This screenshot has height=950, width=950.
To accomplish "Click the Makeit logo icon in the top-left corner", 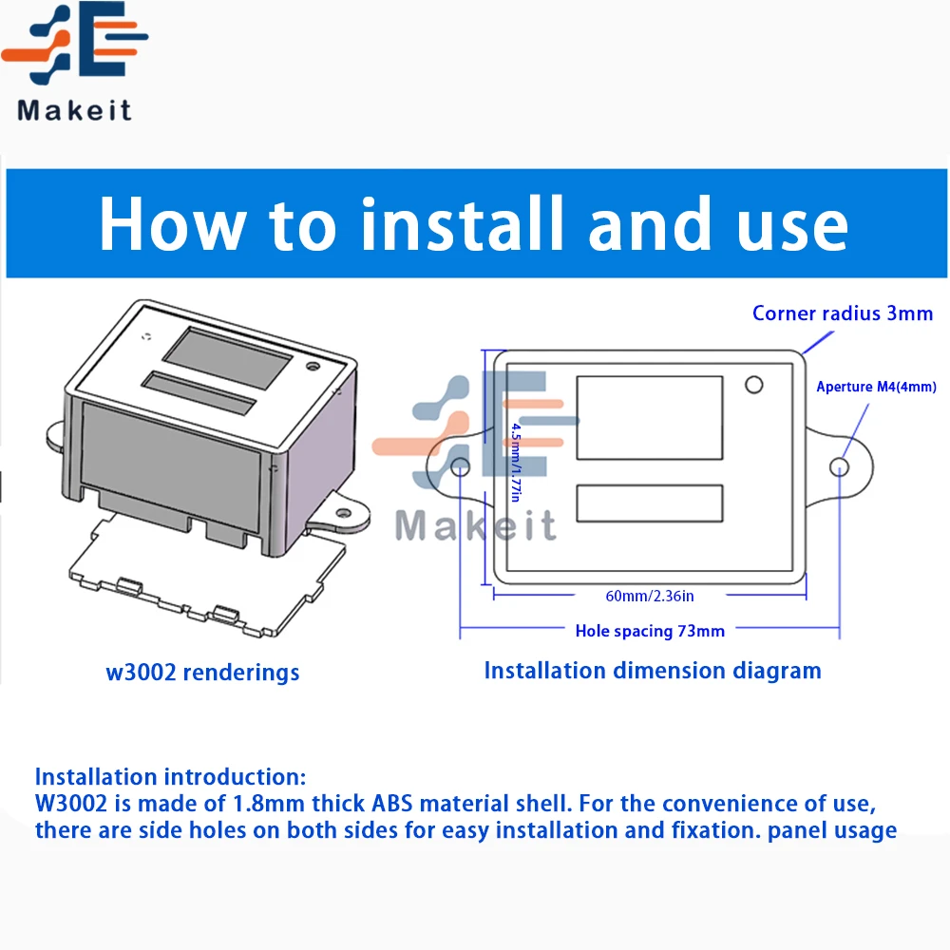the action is pyautogui.click(x=74, y=45).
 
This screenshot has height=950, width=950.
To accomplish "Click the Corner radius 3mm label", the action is pyautogui.click(x=842, y=313).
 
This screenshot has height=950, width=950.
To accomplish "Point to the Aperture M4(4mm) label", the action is pyautogui.click(x=876, y=386).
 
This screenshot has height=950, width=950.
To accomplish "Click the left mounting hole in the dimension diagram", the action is pyautogui.click(x=461, y=466).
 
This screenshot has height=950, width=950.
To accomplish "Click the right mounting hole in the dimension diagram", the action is pyautogui.click(x=839, y=466).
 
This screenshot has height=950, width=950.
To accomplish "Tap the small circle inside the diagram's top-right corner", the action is pyautogui.click(x=753, y=385).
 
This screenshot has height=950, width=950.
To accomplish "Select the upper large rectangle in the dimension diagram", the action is pyautogui.click(x=650, y=418).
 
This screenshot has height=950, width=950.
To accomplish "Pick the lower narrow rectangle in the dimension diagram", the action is pyautogui.click(x=650, y=503).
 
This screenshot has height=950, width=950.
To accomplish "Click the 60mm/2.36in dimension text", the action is pyautogui.click(x=650, y=596).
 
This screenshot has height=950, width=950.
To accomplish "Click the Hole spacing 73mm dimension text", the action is pyautogui.click(x=650, y=630).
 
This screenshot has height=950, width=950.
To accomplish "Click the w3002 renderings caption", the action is pyautogui.click(x=202, y=673).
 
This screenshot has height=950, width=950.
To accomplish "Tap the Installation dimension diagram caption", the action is pyautogui.click(x=652, y=670).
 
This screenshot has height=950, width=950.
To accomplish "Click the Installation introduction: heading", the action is pyautogui.click(x=171, y=777).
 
